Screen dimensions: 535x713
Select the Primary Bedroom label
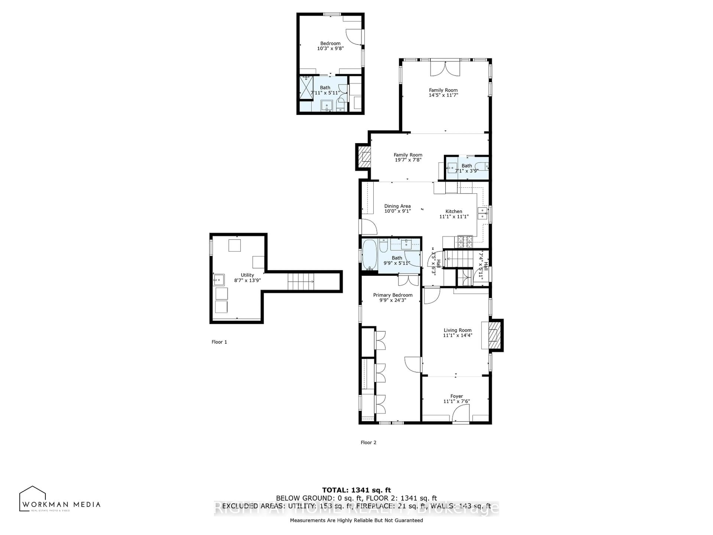(x=393, y=295)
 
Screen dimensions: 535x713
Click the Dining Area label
(x=397, y=206)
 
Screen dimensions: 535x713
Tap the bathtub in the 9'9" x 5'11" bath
(x=368, y=255)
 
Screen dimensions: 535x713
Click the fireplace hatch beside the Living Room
(x=495, y=335)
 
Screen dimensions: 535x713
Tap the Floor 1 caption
(x=219, y=342)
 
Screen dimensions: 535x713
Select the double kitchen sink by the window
(x=482, y=213)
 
